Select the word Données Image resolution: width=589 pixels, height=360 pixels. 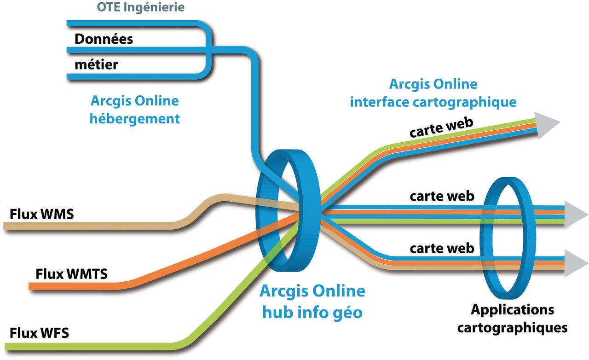click(x=104, y=39)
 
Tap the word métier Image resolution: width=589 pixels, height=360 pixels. click(x=96, y=64)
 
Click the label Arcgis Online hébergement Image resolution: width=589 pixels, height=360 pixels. click(x=134, y=110)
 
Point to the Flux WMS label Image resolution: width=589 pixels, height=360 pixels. click(x=42, y=214)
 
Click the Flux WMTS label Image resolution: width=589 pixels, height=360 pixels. click(x=71, y=274)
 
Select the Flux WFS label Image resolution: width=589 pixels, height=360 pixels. click(x=40, y=332)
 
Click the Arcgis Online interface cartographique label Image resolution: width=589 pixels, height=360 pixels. click(x=433, y=93)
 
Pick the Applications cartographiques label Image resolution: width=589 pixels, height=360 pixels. click(x=512, y=319)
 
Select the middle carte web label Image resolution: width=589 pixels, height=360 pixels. click(x=442, y=196)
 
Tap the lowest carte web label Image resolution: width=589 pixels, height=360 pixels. click(x=442, y=249)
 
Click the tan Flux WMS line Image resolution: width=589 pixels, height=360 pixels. click(x=92, y=226)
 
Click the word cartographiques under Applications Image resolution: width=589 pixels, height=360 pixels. click(x=512, y=328)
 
